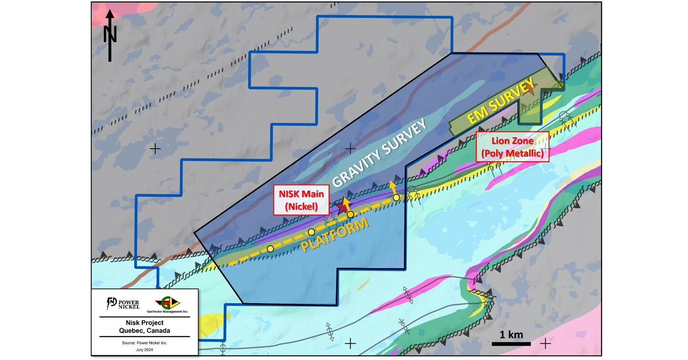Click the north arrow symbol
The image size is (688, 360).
click(110, 36)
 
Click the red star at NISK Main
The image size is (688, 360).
click(342, 207)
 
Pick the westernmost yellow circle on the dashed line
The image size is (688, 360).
click(271, 248)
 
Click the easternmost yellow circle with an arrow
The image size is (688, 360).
click(396, 197)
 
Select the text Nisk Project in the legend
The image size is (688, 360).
click(145, 322)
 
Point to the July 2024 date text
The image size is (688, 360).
click(145, 350)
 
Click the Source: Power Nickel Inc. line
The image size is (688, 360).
click(145, 343)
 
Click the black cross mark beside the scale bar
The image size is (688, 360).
click(545, 343)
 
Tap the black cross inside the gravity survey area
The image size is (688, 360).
click(350, 148)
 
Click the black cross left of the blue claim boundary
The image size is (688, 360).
click(155, 149)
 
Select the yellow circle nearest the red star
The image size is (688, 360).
click(350, 215)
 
